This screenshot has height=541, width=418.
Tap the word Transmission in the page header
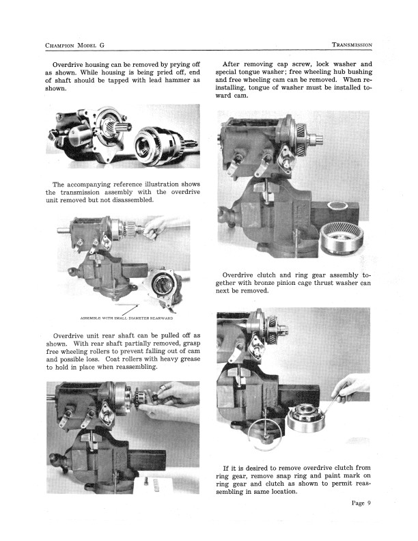pos(352,45)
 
